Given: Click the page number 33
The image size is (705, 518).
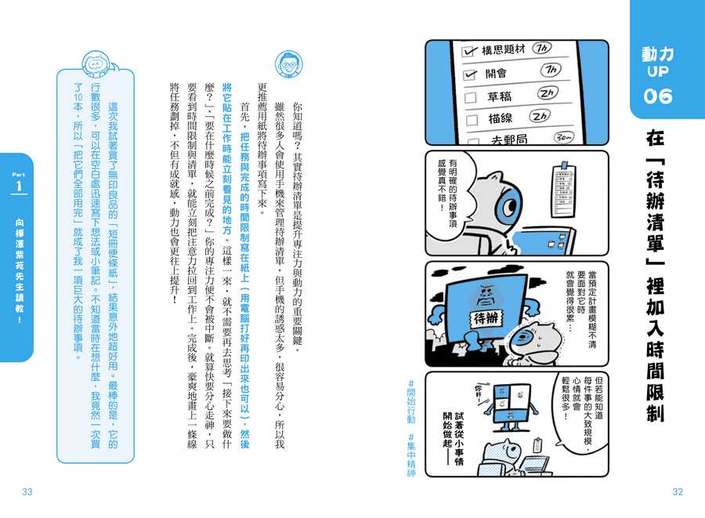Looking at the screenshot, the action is pyautogui.click(x=27, y=491).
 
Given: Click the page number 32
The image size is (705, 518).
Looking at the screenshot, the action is pyautogui.click(x=678, y=491).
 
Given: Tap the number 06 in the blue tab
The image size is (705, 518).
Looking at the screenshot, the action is pyautogui.click(x=658, y=96).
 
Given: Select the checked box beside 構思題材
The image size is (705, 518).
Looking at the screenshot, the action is pyautogui.click(x=469, y=51).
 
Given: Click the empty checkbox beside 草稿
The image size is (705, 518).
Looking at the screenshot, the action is pyautogui.click(x=470, y=98).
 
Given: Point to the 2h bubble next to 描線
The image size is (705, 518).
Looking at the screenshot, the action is pyautogui.click(x=540, y=116).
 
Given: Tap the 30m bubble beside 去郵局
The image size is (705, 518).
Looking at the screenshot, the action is pyautogui.click(x=564, y=137).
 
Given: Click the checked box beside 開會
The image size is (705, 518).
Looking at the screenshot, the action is pyautogui.click(x=470, y=74).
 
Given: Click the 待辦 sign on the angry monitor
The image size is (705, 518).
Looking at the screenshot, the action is pyautogui.click(x=486, y=318).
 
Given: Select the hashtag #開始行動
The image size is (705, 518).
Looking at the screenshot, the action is pyautogui.click(x=411, y=401).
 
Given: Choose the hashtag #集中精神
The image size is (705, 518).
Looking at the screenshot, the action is pyautogui.click(x=411, y=455).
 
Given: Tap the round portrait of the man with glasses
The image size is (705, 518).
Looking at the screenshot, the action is pyautogui.click(x=288, y=63).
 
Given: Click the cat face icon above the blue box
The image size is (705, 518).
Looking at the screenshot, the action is pyautogui.click(x=95, y=64).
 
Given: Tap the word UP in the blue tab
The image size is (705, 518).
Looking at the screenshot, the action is pyautogui.click(x=658, y=71).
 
